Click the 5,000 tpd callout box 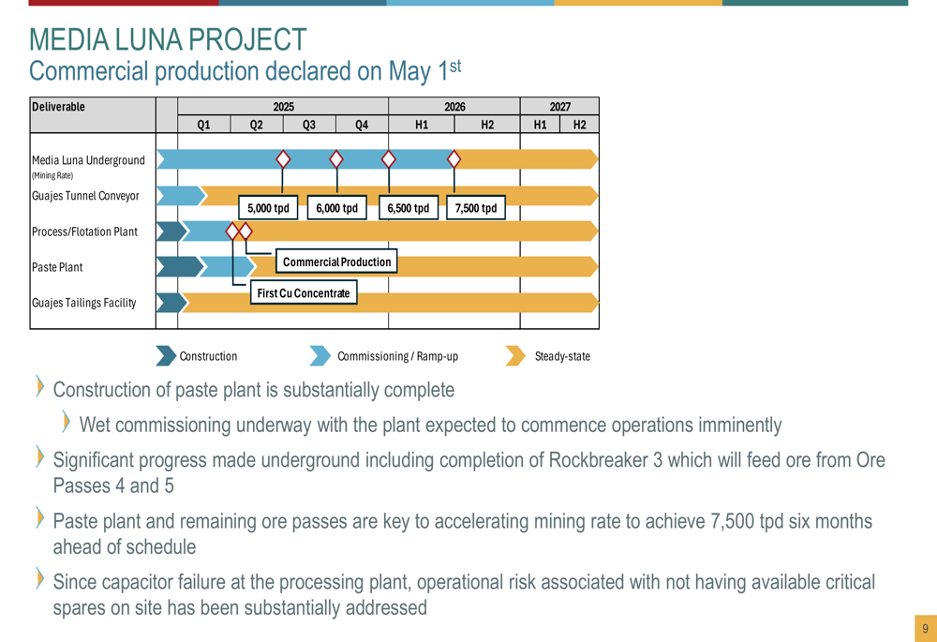[268, 208]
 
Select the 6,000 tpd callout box [337, 208]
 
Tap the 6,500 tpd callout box [409, 208]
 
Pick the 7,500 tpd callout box [476, 208]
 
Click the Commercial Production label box [336, 261]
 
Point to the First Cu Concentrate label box [304, 293]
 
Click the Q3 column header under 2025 [309, 125]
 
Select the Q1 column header [203, 125]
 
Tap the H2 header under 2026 [487, 125]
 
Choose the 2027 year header [560, 107]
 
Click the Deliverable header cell [93, 114]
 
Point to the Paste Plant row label [57, 267]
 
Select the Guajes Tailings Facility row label [83, 303]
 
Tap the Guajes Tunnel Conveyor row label [85, 196]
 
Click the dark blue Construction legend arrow [166, 355]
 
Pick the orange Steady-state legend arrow [515, 355]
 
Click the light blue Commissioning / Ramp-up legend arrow [320, 355]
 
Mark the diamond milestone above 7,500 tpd [454, 159]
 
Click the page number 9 [925, 628]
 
